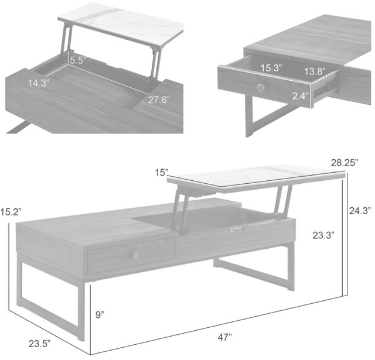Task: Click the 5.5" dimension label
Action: [x=77, y=60]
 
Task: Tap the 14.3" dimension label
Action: [x=39, y=83]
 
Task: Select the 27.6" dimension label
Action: [x=159, y=100]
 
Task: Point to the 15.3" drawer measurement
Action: [x=271, y=68]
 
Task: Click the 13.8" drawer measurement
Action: [x=315, y=71]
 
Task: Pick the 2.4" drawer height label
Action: [x=301, y=96]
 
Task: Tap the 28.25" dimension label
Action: [x=345, y=163]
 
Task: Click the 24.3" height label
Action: [x=360, y=211]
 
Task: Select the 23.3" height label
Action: [x=323, y=235]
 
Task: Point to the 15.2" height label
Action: [x=11, y=212]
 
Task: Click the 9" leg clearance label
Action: [x=100, y=314]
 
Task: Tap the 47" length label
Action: [x=225, y=337]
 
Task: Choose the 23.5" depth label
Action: [x=40, y=344]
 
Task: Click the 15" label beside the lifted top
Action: [x=162, y=172]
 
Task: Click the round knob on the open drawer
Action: [x=261, y=87]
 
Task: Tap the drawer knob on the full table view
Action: [x=135, y=255]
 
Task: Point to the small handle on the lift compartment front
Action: [x=238, y=229]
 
